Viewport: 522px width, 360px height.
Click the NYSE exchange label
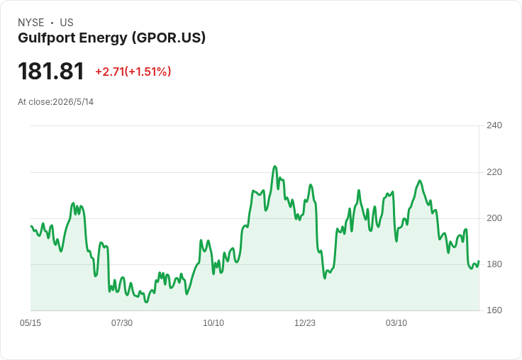31,23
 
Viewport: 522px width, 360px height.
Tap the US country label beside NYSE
67,23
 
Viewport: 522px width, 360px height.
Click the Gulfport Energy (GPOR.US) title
112,38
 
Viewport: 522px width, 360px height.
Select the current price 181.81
51,71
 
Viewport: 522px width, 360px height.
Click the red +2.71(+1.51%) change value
133,72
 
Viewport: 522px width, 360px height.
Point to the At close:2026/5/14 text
55,102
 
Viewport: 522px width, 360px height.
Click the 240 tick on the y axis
494,125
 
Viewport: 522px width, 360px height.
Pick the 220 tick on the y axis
494,172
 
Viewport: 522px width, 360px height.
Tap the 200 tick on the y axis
494,218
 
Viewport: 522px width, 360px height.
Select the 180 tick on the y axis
494,264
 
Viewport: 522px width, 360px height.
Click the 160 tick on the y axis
494,310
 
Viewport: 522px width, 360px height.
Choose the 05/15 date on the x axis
30,323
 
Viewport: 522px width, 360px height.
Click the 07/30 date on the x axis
122,323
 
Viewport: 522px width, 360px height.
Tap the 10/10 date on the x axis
213,323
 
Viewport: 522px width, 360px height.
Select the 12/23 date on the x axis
305,323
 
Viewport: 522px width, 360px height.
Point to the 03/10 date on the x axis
396,323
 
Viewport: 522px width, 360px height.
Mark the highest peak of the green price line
274,166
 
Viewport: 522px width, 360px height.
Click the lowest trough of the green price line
146,302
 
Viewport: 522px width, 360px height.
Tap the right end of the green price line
479,261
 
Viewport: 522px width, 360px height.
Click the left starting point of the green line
31,226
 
